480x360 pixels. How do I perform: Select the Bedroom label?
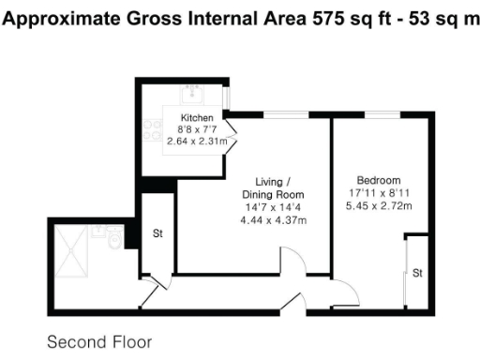pyautogui.click(x=379, y=180)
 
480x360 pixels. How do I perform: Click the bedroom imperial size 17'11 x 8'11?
pyautogui.click(x=379, y=192)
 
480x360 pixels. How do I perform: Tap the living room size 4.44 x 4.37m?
pyautogui.click(x=274, y=219)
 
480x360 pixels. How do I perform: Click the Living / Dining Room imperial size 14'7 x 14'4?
pyautogui.click(x=274, y=206)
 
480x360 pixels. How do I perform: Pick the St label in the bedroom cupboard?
pyautogui.click(x=416, y=273)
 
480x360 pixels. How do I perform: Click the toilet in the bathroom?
pyautogui.click(x=113, y=241)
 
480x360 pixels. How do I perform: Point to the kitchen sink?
pyautogui.click(x=197, y=95)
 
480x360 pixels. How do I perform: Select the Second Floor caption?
pyautogui.click(x=97, y=341)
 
